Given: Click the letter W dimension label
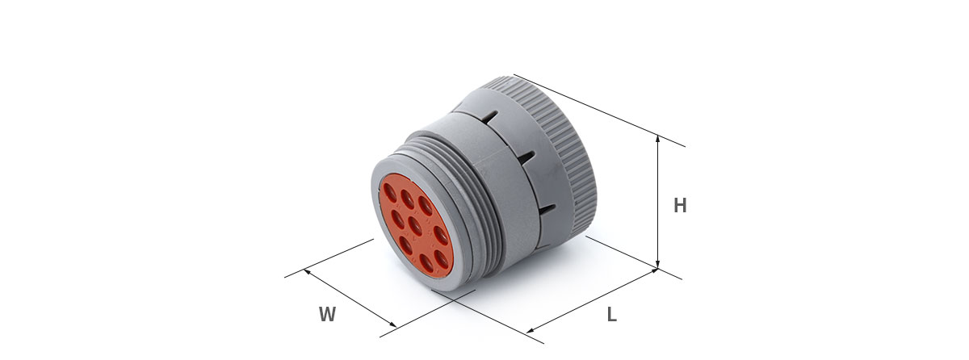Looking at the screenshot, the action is tap(328, 314).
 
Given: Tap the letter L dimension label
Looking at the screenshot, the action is tap(612, 314).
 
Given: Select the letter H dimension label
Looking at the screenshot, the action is tap(680, 205).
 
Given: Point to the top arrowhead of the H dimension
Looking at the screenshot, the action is tap(657, 139).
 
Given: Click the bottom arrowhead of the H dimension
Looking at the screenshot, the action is tap(657, 265).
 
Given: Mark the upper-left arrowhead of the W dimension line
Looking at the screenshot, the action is tap(307, 271).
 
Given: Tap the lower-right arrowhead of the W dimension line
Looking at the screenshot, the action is tap(392, 324).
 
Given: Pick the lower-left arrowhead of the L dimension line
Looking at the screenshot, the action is tap(531, 330).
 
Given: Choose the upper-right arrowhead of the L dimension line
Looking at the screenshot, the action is tap(653, 271).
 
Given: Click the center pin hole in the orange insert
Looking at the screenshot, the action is tap(415, 226).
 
